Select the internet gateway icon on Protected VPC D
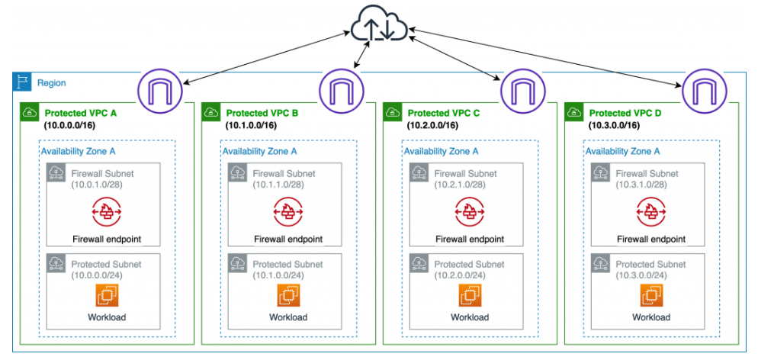tap(702, 91)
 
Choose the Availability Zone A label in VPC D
tap(622, 151)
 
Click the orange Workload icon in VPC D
tap(650, 294)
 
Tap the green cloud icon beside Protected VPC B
tap(210, 113)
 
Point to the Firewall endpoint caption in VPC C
tap(469, 239)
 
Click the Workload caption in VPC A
tap(106, 317)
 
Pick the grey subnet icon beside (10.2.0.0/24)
tap(418, 265)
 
